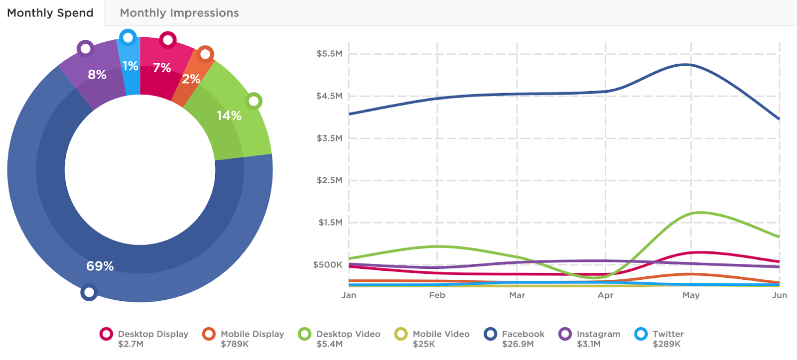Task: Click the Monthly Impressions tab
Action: [x=179, y=13]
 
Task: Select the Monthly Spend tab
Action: [x=50, y=13]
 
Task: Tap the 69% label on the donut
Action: [x=100, y=266]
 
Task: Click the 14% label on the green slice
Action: [x=229, y=116]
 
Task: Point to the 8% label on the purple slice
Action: [x=97, y=75]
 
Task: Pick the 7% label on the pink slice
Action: [x=162, y=68]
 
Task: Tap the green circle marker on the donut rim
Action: [x=254, y=101]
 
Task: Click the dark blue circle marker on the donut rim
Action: [x=89, y=292]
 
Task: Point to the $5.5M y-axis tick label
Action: [x=329, y=54]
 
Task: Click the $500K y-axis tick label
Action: [x=327, y=265]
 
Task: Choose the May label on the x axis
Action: [x=691, y=295]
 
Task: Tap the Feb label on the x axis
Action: [x=437, y=295]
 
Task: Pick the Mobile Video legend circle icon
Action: [x=401, y=334]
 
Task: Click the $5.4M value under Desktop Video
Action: [x=329, y=344]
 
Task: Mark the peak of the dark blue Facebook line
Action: [x=686, y=64]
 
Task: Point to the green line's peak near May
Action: [x=700, y=213]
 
